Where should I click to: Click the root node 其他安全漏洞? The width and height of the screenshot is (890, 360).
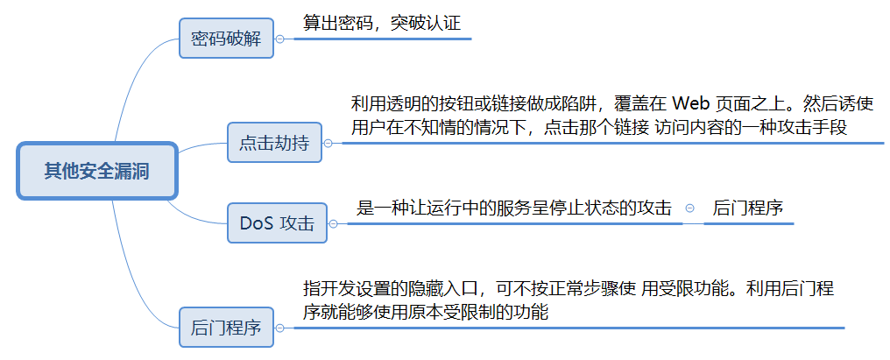coord(96,171)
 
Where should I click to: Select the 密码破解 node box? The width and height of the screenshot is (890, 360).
coord(226,39)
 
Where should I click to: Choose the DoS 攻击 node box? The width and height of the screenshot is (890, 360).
coord(276,223)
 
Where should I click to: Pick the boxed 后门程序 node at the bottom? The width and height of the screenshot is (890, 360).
coord(226,328)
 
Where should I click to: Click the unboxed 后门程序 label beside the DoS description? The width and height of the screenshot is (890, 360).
coord(747,208)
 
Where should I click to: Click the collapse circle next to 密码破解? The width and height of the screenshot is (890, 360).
coord(279,39)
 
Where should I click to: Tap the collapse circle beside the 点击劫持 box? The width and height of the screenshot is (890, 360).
coord(328,144)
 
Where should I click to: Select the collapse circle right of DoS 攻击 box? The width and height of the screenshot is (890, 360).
coord(333,224)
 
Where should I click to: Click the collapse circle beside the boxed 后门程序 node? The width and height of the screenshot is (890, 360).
coord(279,328)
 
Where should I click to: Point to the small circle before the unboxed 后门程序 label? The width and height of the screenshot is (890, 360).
coord(689,208)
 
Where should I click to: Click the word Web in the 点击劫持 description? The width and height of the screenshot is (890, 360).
coord(690,103)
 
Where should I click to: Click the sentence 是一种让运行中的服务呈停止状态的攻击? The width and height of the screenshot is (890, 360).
coord(514,208)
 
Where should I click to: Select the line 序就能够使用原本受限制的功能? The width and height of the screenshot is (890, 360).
coord(425,312)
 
